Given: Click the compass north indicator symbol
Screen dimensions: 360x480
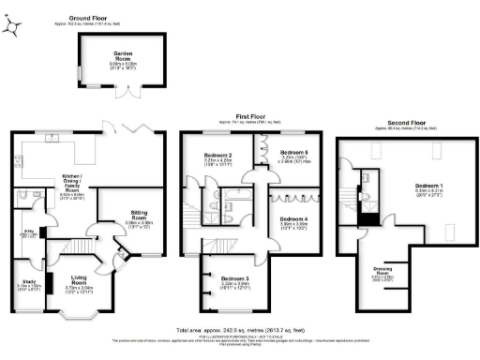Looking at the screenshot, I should [x=10, y=28].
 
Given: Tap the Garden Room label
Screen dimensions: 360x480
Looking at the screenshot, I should [x=125, y=54].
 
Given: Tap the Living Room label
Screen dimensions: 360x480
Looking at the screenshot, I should [x=81, y=277].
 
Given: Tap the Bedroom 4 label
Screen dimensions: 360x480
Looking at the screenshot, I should [x=294, y=219].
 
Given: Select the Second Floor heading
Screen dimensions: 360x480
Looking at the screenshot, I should [x=404, y=123].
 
